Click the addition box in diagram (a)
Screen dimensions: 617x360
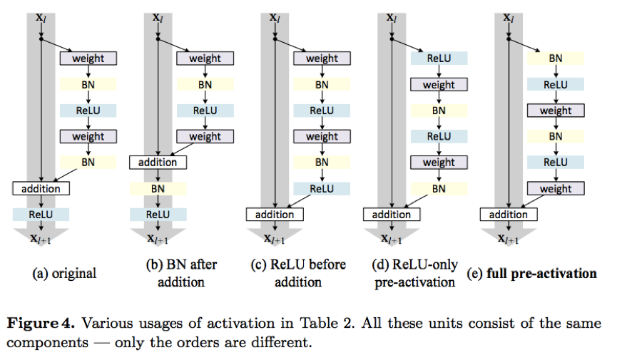(41, 188)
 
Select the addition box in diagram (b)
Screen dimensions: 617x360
(158, 163)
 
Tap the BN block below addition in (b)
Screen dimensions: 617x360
(158, 188)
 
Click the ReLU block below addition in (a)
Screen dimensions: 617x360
(41, 215)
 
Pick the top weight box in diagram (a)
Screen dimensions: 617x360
(88, 58)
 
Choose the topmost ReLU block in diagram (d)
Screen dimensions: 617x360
(439, 58)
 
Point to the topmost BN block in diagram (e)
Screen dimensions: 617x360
(556, 58)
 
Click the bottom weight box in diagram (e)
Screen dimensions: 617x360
(556, 188)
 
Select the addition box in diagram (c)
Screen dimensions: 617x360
(275, 215)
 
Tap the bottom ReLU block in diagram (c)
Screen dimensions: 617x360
(322, 188)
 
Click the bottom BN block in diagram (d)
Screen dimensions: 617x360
(439, 188)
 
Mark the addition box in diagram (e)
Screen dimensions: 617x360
(509, 215)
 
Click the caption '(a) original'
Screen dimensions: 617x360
(64, 274)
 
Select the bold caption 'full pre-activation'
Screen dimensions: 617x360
(541, 274)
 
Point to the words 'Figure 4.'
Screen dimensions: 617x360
(41, 324)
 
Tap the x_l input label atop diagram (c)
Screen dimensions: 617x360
(275, 17)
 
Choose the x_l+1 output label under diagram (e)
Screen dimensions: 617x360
(508, 239)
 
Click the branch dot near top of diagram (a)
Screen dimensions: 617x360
(41, 39)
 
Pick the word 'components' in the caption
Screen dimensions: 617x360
(47, 343)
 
